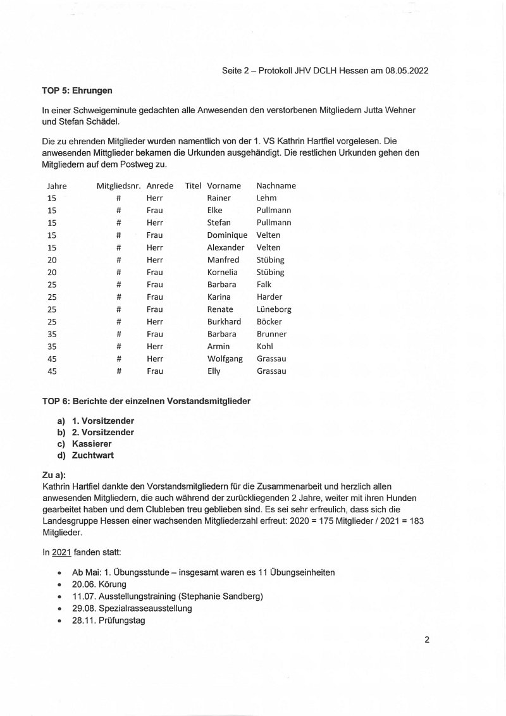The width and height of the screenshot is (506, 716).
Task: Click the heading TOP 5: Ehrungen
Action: click(x=77, y=90)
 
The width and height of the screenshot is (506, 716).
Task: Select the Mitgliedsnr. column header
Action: click(x=118, y=186)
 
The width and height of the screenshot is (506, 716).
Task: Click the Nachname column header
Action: click(x=276, y=186)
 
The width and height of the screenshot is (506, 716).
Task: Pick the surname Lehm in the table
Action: click(x=266, y=198)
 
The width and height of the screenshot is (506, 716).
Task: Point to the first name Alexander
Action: click(x=225, y=247)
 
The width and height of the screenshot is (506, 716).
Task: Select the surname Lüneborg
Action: click(x=274, y=309)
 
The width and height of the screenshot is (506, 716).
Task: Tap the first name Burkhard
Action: click(x=224, y=322)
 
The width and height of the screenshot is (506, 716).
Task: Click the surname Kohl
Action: click(x=265, y=347)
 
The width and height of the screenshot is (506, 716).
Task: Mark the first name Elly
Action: click(x=214, y=371)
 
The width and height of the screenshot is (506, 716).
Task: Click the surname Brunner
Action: click(x=271, y=334)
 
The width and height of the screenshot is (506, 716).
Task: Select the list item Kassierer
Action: click(x=92, y=444)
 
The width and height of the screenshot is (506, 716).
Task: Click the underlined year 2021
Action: click(x=61, y=552)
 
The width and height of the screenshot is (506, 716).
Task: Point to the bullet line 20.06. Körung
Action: click(x=99, y=584)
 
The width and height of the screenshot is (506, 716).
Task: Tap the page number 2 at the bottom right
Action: click(x=427, y=639)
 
